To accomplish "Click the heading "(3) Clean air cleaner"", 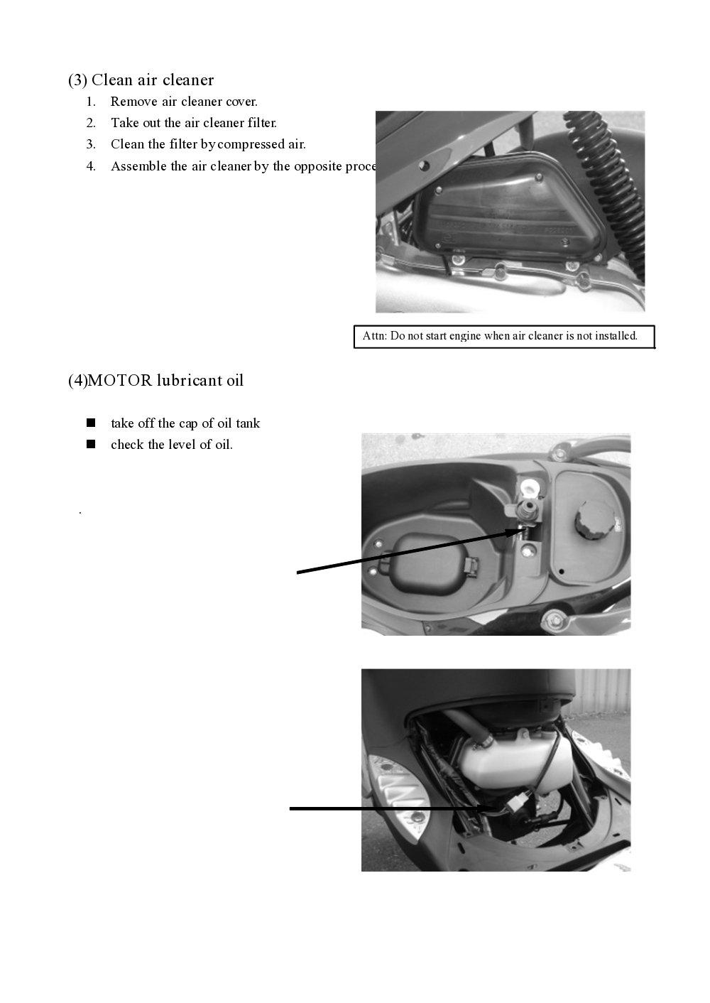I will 141,80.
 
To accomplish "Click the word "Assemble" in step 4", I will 139,166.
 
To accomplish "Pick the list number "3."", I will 91,144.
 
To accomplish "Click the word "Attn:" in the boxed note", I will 375,336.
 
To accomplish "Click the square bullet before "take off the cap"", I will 91,423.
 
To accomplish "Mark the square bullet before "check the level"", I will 91,445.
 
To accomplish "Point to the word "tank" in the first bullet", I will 248,423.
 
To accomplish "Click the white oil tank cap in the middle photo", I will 529,488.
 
